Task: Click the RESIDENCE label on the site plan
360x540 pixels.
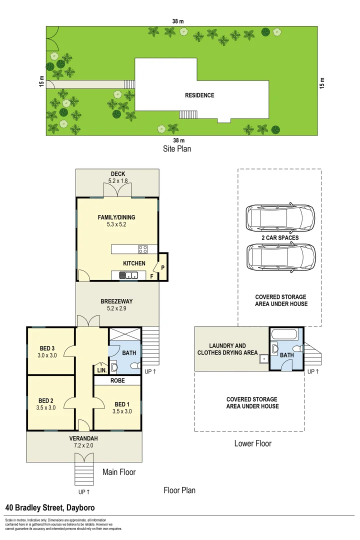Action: pyautogui.click(x=199, y=95)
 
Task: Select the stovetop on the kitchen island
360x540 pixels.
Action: pyautogui.click(x=142, y=249)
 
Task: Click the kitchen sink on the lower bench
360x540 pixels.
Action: pyautogui.click(x=131, y=274)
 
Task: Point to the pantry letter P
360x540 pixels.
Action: pyautogui.click(x=163, y=268)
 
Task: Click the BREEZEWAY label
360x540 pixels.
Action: pyautogui.click(x=116, y=301)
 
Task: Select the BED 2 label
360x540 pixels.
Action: pyautogui.click(x=46, y=400)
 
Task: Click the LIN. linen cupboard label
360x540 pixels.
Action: pyautogui.click(x=100, y=370)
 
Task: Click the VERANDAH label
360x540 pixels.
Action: pyautogui.click(x=83, y=438)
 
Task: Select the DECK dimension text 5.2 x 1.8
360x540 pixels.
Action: pyautogui.click(x=118, y=180)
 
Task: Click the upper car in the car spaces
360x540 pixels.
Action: pyautogui.click(x=281, y=217)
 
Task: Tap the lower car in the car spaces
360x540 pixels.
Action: pyautogui.click(x=281, y=257)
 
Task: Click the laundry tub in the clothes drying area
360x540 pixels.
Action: pyautogui.click(x=262, y=358)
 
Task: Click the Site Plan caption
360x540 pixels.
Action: pyautogui.click(x=176, y=148)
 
